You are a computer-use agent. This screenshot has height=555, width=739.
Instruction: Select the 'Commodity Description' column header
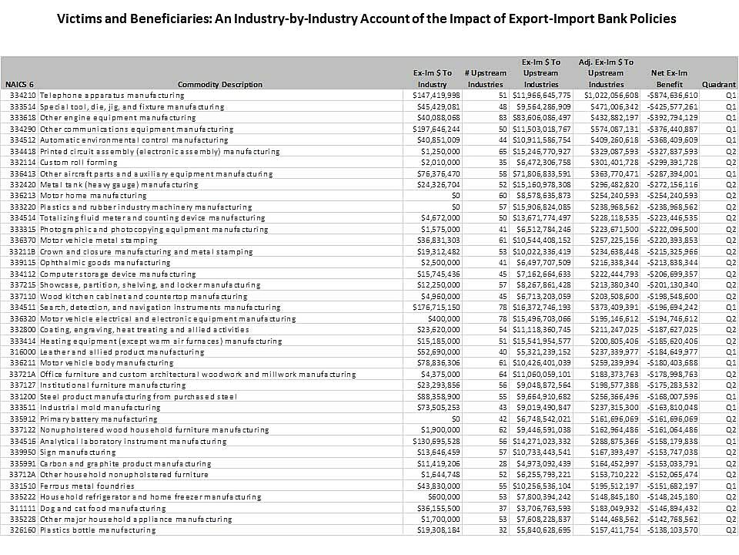point(219,84)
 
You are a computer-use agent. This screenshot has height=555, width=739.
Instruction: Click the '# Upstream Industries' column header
point(485,78)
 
